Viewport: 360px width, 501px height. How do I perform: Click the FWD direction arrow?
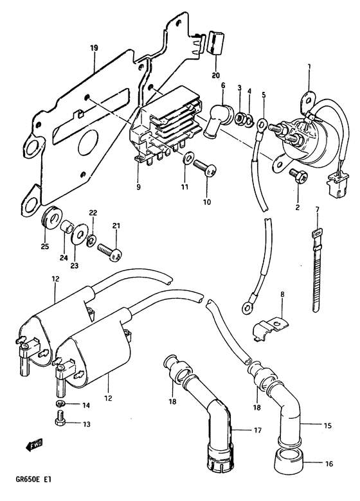[34, 444]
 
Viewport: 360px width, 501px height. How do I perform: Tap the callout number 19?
[94, 48]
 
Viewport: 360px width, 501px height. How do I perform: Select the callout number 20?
[216, 75]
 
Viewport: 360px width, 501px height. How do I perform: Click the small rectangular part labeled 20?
[216, 43]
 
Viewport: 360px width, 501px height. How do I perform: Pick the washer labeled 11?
[187, 157]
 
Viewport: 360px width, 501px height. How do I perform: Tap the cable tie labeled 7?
[316, 269]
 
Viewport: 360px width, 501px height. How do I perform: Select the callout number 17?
[258, 430]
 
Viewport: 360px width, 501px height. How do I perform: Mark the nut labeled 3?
[239, 119]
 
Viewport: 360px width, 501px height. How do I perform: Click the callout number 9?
[138, 187]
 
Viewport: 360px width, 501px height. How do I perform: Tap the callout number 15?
[327, 426]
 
